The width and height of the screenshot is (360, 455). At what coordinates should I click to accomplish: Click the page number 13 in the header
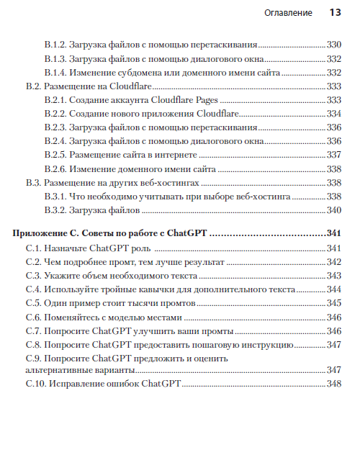[335, 13]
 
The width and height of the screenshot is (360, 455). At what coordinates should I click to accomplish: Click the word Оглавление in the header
[288, 13]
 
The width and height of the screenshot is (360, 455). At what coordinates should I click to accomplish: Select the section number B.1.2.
[56, 45]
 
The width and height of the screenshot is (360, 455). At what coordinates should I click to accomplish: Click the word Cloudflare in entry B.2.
[143, 86]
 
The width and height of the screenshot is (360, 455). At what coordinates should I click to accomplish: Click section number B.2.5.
[56, 155]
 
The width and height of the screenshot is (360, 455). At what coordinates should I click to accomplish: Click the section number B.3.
[34, 183]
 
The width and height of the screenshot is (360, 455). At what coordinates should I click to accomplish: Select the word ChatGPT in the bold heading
[186, 235]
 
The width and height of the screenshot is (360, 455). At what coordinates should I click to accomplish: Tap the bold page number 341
[333, 235]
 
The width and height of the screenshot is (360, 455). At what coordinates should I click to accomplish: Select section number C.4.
[34, 289]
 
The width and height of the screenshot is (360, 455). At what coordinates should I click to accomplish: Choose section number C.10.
[36, 384]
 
